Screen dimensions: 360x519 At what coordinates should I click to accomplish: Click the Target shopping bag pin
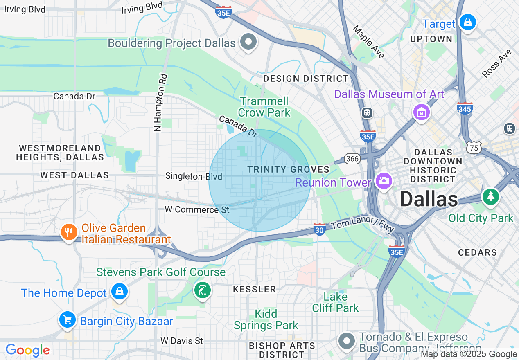pyautogui.click(x=467, y=22)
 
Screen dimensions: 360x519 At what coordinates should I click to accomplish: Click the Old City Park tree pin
pyautogui.click(x=490, y=197)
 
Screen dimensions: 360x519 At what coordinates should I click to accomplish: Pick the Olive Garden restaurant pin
pyautogui.click(x=69, y=232)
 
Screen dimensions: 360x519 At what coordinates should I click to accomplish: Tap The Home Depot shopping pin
pyautogui.click(x=119, y=291)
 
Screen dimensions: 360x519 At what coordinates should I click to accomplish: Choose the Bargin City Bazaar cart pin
pyautogui.click(x=67, y=319)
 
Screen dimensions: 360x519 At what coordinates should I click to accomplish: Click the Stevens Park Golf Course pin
pyautogui.click(x=202, y=290)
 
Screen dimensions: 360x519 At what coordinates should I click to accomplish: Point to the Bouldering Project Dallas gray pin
pyautogui.click(x=248, y=42)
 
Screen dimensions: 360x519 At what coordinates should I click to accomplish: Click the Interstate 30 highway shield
pyautogui.click(x=320, y=229)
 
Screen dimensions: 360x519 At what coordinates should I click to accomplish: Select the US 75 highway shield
pyautogui.click(x=474, y=147)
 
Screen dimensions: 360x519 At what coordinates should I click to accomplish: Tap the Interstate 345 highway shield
pyautogui.click(x=465, y=108)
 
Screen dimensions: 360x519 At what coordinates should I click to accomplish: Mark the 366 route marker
pyautogui.click(x=352, y=159)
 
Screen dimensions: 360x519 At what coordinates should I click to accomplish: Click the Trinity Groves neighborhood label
pyautogui.click(x=288, y=169)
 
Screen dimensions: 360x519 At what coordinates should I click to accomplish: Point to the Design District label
pyautogui.click(x=306, y=79)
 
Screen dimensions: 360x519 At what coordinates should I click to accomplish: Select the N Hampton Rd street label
pyautogui.click(x=161, y=102)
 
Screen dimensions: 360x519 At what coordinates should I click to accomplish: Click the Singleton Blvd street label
pyautogui.click(x=194, y=176)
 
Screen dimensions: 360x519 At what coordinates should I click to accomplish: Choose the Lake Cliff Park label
pyautogui.click(x=335, y=302)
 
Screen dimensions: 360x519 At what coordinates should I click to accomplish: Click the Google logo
pyautogui.click(x=27, y=351)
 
